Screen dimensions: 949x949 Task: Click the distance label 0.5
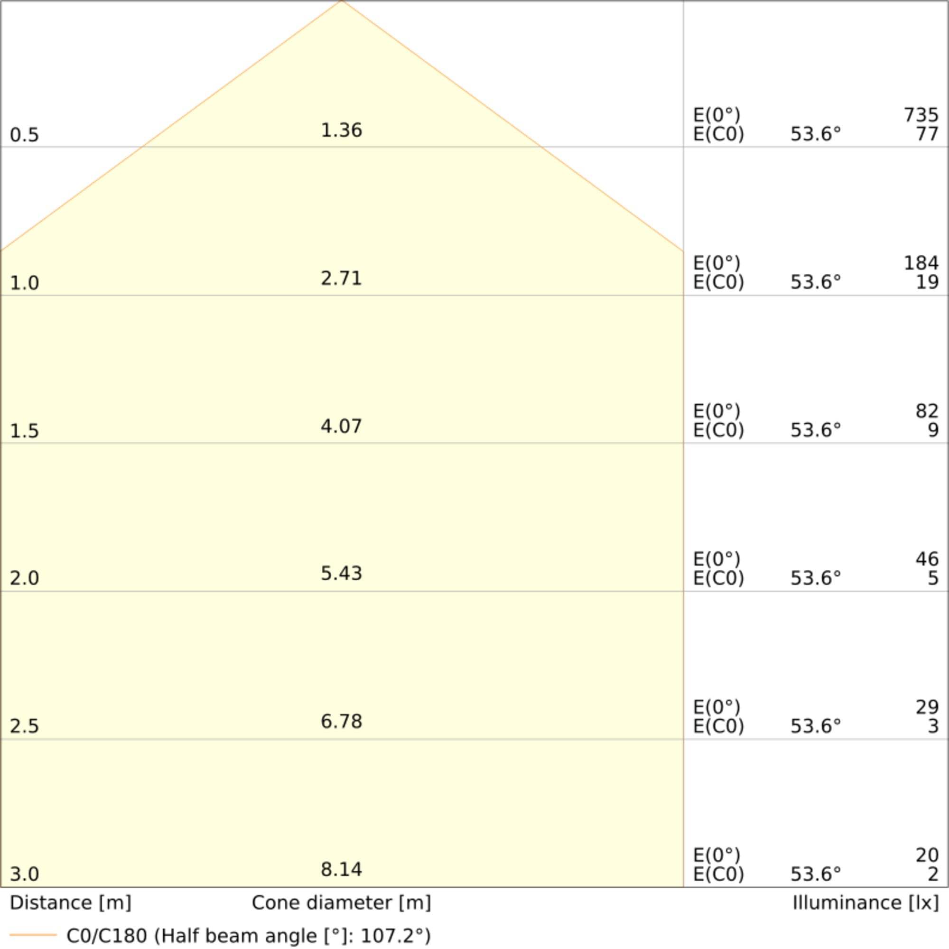(24, 135)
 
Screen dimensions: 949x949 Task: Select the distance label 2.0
(24, 578)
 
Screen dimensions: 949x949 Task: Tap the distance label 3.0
(24, 875)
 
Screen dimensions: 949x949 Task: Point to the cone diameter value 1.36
(341, 130)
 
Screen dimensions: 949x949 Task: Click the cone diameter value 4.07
(341, 427)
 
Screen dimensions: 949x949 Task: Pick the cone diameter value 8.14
(341, 869)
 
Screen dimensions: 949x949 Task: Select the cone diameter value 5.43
(341, 574)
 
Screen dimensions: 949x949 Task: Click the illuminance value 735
(921, 115)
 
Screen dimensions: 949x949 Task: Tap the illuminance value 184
(921, 264)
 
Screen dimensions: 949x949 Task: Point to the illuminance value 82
(927, 411)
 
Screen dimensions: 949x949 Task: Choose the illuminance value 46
(927, 559)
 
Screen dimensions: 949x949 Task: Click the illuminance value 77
(927, 134)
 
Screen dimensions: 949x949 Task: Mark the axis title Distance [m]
(70, 903)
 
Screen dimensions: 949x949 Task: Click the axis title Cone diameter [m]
(341, 903)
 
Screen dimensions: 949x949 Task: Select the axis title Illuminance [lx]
(865, 903)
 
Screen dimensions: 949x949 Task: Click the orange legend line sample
(33, 935)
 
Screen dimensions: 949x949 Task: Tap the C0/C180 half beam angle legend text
(249, 936)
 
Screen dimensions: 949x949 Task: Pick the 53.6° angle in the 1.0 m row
(815, 282)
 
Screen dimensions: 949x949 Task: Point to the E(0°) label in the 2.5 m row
(716, 707)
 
